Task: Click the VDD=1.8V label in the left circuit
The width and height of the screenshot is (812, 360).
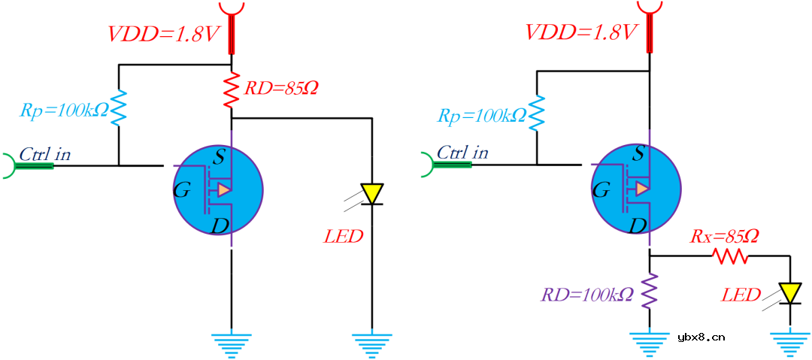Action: coord(165,35)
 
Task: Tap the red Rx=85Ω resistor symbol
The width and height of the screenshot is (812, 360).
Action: coord(732,257)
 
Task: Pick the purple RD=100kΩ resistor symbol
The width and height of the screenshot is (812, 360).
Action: coord(650,292)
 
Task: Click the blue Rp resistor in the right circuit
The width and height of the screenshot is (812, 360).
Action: coord(536,113)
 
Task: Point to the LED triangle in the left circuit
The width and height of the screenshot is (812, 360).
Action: coord(372,194)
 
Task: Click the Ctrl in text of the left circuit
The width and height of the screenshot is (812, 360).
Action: coord(45,154)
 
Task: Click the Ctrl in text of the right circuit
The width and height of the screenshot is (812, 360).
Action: coord(462,153)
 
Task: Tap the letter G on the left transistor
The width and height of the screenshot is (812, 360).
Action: coord(181,191)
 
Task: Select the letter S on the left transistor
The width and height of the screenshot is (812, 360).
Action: coord(220,156)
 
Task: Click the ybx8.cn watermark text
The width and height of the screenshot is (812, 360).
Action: coord(701,337)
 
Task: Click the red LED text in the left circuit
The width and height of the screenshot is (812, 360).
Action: coord(344,237)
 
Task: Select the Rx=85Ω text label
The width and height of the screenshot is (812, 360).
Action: coord(724,237)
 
